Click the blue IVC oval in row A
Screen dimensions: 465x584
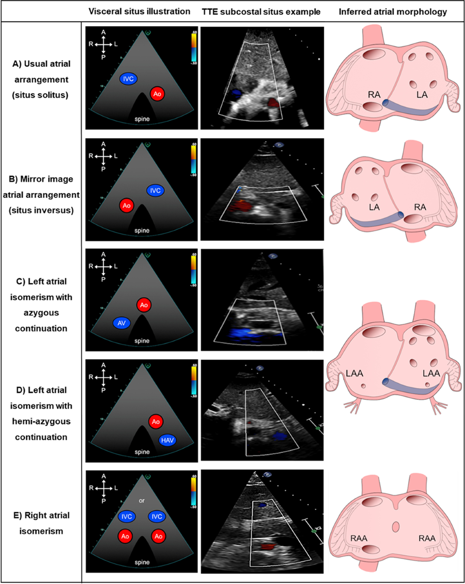[128, 79]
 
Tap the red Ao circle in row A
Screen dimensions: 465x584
[157, 94]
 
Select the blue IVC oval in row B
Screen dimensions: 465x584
[155, 190]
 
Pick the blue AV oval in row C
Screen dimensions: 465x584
[122, 323]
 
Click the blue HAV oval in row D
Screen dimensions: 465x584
[167, 440]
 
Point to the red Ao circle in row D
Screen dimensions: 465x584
[156, 421]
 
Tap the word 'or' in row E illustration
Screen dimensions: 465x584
[142, 500]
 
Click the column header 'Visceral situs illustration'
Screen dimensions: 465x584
[139, 12]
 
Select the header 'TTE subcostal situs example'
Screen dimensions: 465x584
[261, 12]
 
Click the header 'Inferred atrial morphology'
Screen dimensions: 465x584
[393, 12]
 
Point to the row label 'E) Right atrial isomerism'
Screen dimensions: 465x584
[41, 523]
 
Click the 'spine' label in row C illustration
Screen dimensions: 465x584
[142, 341]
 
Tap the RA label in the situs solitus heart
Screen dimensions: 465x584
[374, 94]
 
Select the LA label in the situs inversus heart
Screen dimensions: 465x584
[374, 207]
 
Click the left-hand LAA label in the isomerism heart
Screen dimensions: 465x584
[355, 373]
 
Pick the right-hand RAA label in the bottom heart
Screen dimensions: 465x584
[427, 538]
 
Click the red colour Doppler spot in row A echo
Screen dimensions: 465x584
[272, 102]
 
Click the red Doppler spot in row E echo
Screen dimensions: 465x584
[268, 547]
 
